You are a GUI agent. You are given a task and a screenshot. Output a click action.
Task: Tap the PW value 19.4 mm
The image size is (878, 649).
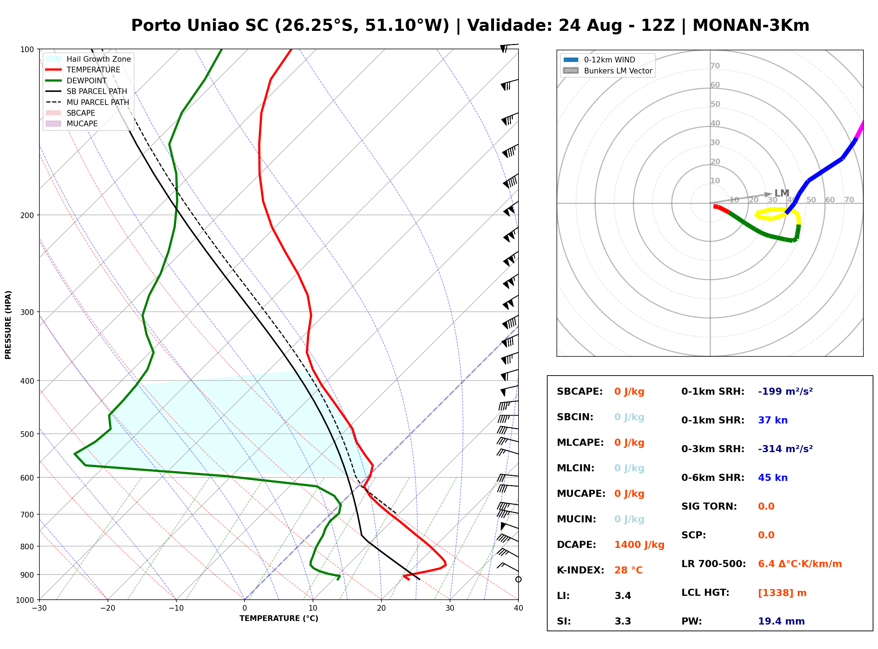pos(781,621)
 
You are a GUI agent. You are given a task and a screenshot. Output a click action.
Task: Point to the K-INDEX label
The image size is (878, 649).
pos(581,570)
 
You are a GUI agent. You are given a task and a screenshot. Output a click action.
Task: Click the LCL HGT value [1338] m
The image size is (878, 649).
pos(782,593)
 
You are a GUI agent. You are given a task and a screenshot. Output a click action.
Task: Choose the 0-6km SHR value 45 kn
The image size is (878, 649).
pos(773,478)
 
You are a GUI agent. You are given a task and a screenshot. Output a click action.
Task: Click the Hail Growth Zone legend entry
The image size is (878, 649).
pos(88,59)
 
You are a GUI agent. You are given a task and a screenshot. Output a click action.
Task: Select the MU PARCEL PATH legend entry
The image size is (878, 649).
pos(87,102)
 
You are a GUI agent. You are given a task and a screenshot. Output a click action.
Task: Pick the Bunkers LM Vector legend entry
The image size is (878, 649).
pos(608,71)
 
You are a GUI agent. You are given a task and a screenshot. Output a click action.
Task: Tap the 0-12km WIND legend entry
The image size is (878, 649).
pos(599,60)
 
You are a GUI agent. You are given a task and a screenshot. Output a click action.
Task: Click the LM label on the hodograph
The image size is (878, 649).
pos(782,193)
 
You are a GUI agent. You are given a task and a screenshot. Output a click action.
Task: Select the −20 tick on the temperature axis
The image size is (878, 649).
pos(107,608)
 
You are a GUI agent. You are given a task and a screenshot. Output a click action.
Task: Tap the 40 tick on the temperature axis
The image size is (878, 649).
pos(518,608)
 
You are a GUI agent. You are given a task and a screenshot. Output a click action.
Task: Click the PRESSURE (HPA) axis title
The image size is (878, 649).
pos(8,325)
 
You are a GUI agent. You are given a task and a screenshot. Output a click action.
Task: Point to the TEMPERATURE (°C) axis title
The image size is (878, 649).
pos(279,619)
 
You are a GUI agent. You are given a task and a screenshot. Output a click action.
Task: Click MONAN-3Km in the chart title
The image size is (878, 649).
pos(751,26)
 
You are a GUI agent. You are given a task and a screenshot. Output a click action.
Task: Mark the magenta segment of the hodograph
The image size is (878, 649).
pos(860,130)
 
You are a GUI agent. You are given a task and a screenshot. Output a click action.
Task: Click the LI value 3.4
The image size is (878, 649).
pos(623,596)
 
